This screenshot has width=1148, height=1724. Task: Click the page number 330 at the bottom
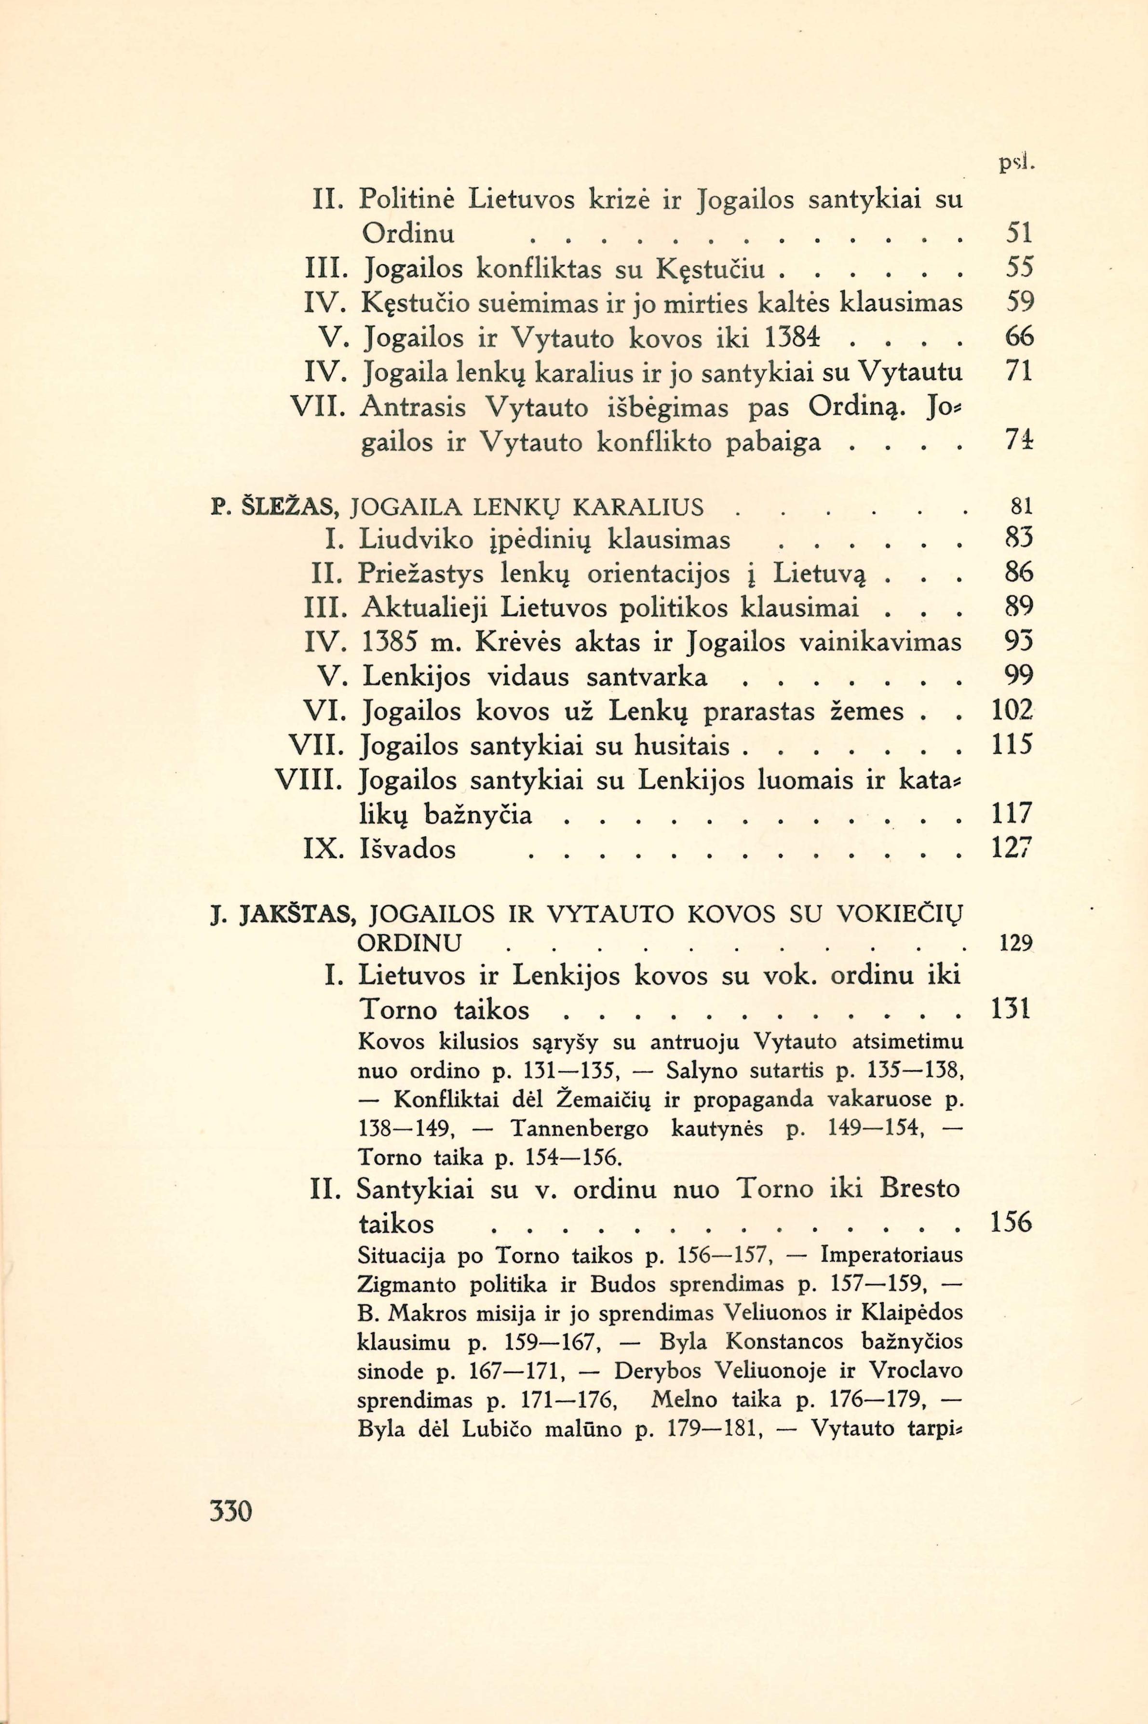(230, 1510)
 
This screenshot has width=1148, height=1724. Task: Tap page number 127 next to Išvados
(1011, 849)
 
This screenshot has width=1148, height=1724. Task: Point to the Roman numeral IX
(322, 849)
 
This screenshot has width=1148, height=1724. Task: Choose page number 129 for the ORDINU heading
(1015, 944)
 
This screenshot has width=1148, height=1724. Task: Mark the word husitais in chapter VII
(682, 747)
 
